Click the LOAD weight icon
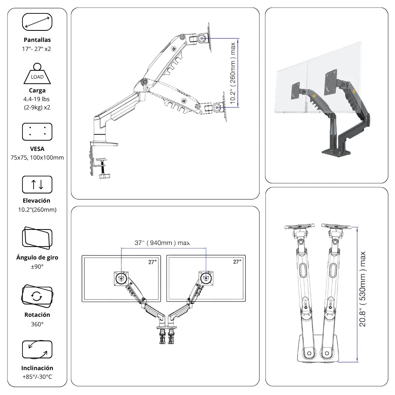[x=37, y=74]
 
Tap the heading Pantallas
[x=37, y=40]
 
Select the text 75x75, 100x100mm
[x=37, y=158]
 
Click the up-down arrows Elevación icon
[x=37, y=184]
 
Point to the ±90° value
[x=37, y=267]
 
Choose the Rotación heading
[x=37, y=315]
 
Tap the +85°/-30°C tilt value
[x=37, y=376]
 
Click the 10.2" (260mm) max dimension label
[x=233, y=73]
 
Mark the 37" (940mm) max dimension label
[x=162, y=243]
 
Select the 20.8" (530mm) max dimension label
[x=362, y=289]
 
